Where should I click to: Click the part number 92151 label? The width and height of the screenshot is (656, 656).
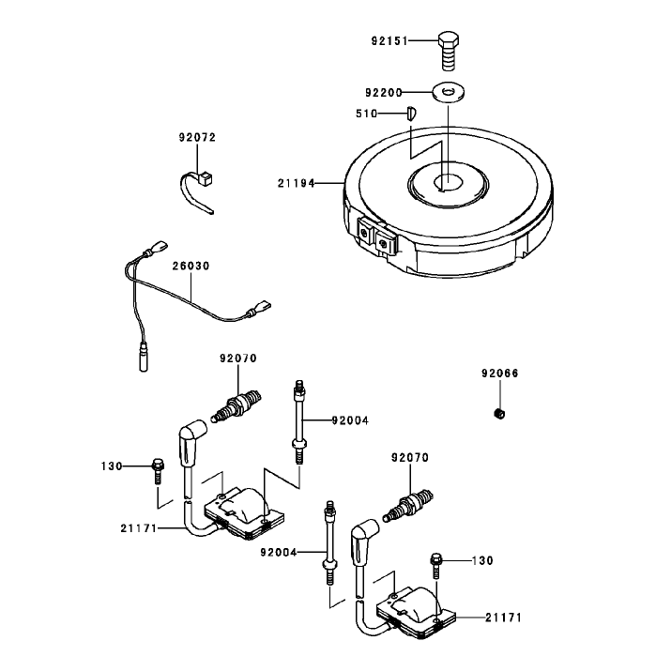point(389,41)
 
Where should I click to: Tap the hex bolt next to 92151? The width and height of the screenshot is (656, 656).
point(448,50)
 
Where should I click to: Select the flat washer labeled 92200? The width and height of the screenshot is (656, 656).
point(449,92)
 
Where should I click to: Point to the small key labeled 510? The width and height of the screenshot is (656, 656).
point(411,114)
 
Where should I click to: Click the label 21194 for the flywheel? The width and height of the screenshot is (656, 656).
point(296,183)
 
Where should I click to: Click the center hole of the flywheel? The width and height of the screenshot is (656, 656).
point(448,182)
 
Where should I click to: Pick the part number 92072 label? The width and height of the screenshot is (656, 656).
point(197,137)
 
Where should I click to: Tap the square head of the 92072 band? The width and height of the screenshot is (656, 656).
point(206,178)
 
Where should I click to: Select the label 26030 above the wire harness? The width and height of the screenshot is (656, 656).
point(191,266)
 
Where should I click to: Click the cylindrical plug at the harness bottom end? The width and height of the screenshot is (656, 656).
point(144,357)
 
